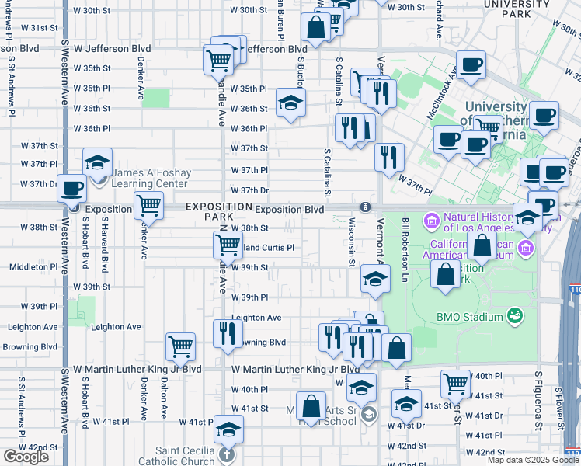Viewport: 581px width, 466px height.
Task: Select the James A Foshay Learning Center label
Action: pos(150,178)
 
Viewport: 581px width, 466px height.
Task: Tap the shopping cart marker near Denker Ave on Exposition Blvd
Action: pos(148,206)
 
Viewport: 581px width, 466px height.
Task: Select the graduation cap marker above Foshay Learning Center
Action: pos(97,162)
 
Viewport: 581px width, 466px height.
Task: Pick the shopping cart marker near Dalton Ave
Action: pos(180,346)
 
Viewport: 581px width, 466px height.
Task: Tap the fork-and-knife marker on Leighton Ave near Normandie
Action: pos(228,334)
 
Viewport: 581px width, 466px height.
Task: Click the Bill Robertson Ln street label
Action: pos(405,249)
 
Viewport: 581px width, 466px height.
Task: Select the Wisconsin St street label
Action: pos(352,241)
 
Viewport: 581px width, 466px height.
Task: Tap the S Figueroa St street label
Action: pos(537,399)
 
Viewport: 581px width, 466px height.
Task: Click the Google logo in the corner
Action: pos(26,457)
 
